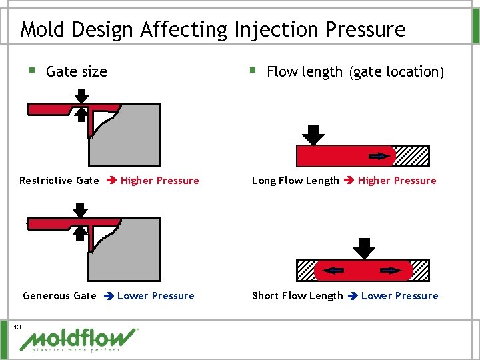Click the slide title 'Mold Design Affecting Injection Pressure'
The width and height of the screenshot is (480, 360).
click(x=212, y=29)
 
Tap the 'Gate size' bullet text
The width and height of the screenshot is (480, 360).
click(x=77, y=72)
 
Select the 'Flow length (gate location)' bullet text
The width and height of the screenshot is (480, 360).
click(x=355, y=72)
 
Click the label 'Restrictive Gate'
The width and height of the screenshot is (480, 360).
click(x=59, y=181)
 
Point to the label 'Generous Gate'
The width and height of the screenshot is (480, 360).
click(x=59, y=296)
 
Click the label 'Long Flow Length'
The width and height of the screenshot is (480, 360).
click(x=295, y=181)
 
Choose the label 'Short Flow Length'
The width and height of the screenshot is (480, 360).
click(x=297, y=296)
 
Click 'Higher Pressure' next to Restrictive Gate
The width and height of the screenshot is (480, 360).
click(x=159, y=181)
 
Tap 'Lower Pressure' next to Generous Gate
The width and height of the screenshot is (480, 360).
click(x=155, y=296)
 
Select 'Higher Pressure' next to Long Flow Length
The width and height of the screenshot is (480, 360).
click(x=397, y=181)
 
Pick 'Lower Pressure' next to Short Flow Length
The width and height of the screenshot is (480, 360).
click(x=399, y=296)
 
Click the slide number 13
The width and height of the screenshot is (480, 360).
click(x=17, y=327)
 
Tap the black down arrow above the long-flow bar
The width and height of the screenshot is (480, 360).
click(x=313, y=134)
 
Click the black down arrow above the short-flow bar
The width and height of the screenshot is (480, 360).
click(x=363, y=248)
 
